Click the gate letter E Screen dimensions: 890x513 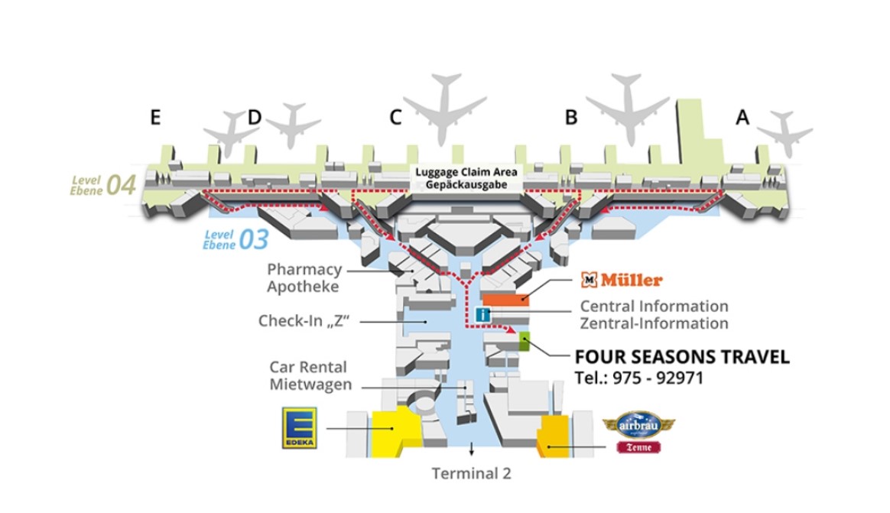click(x=155, y=117)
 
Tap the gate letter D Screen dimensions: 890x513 click(x=255, y=117)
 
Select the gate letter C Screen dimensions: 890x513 click(x=395, y=118)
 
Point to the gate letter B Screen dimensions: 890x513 click(x=571, y=118)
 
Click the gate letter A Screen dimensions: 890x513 click(x=742, y=117)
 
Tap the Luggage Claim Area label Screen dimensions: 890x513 click(x=466, y=178)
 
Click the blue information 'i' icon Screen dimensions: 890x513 click(x=482, y=314)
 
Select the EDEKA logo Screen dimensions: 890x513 click(x=300, y=428)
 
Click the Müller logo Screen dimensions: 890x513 click(x=622, y=280)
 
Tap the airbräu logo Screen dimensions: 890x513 click(x=638, y=425)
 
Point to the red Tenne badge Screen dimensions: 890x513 click(x=638, y=447)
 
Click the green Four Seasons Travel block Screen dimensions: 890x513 click(x=524, y=342)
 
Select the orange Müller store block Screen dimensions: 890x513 click(x=505, y=299)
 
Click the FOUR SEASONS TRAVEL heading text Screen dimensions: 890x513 click(x=682, y=357)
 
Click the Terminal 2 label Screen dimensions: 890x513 click(x=471, y=473)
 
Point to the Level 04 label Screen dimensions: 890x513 click(x=103, y=185)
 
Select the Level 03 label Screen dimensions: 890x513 click(x=235, y=239)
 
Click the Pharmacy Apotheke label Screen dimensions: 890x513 click(x=304, y=278)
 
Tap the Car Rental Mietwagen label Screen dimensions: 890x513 click(x=310, y=375)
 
